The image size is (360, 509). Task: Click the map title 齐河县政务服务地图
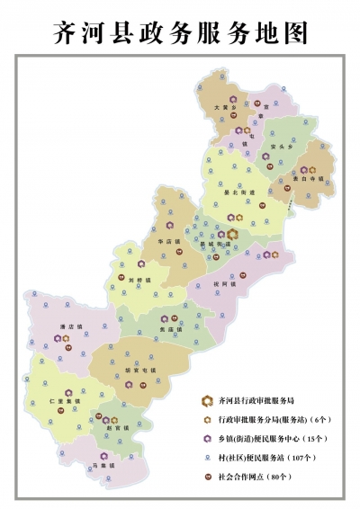(x=180, y=32)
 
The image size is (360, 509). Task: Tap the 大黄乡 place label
(x=223, y=107)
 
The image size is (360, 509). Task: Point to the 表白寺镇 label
(x=310, y=179)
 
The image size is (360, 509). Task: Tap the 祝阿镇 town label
(x=223, y=283)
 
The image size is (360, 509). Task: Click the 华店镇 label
(x=169, y=241)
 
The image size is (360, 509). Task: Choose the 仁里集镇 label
(x=63, y=402)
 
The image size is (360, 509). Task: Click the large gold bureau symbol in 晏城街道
(x=231, y=234)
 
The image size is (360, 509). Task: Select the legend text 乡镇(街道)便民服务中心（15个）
(x=266, y=438)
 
